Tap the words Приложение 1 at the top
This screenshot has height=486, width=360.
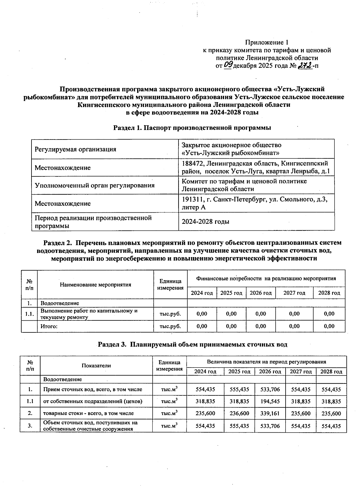click(x=266, y=42)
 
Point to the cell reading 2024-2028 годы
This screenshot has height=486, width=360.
click(x=205, y=222)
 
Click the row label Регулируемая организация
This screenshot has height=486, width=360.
click(x=75, y=149)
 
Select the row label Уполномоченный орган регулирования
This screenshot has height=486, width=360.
click(x=94, y=185)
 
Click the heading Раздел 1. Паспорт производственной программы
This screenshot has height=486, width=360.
click(x=192, y=128)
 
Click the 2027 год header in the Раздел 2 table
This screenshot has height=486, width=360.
click(x=294, y=293)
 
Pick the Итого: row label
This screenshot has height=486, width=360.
click(x=49, y=326)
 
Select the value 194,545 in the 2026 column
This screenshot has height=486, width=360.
click(x=270, y=401)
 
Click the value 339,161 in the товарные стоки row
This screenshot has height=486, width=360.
click(x=270, y=413)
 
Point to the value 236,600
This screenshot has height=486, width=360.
click(x=239, y=413)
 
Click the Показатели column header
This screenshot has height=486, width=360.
click(x=96, y=365)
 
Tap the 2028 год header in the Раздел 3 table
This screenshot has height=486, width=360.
click(x=331, y=372)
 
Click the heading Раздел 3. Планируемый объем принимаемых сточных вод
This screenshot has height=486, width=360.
click(x=193, y=344)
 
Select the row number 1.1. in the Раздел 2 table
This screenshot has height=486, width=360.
click(x=29, y=314)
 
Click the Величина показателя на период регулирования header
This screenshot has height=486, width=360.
click(x=266, y=362)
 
